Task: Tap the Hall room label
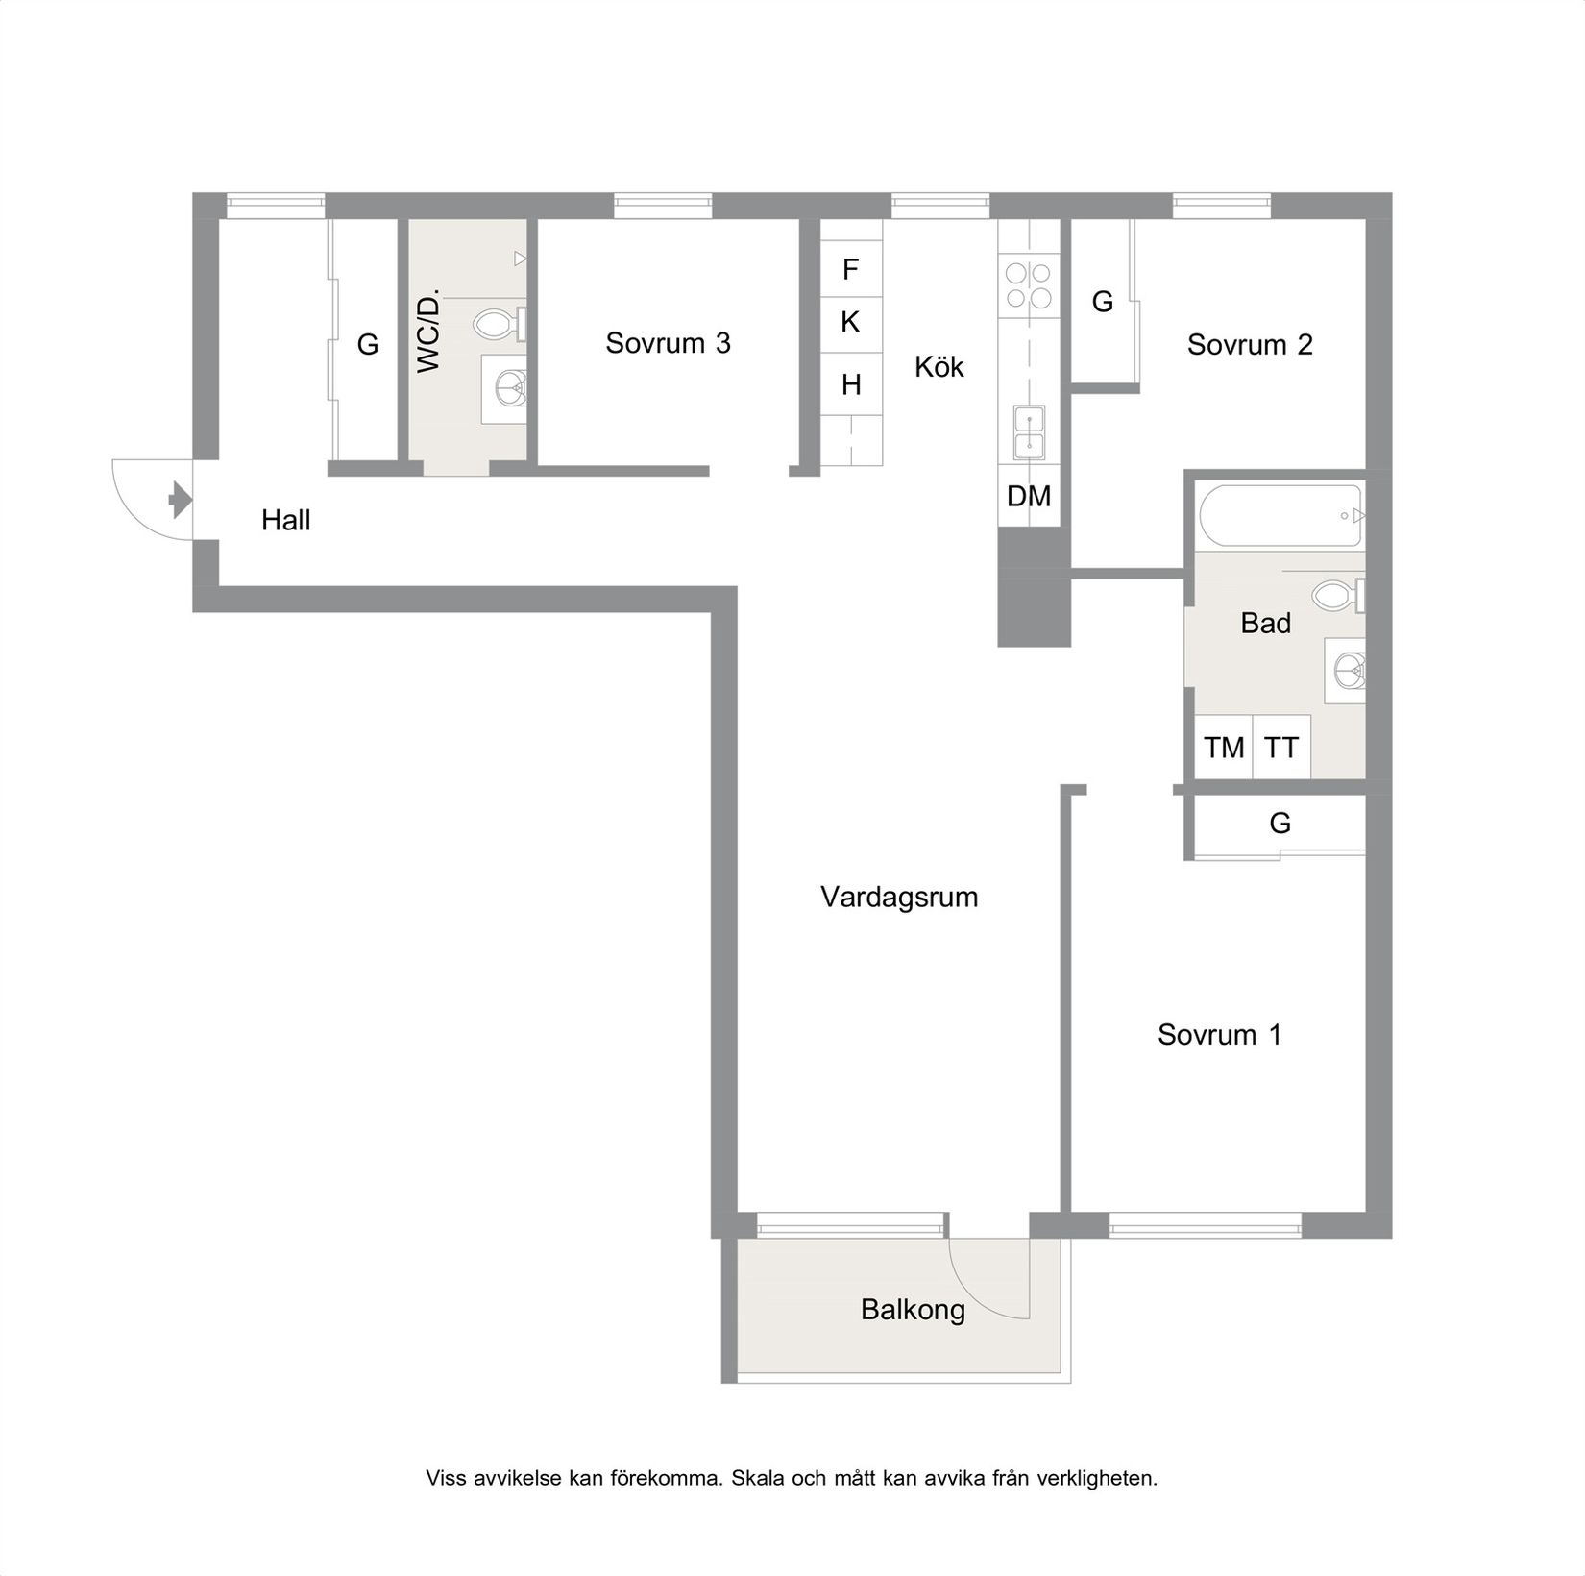click(286, 521)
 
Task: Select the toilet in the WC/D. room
click(497, 324)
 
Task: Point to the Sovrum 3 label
click(668, 343)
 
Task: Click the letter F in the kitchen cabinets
click(850, 270)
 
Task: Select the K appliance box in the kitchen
click(850, 323)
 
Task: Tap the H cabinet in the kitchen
click(851, 385)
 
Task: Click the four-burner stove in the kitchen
click(1028, 285)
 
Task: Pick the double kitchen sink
click(1029, 432)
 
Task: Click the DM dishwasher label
click(1029, 496)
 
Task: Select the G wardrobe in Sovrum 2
click(1102, 302)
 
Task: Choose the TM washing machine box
click(1224, 747)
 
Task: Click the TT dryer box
click(1281, 747)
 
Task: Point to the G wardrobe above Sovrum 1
click(1280, 823)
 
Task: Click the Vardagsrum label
click(899, 898)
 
